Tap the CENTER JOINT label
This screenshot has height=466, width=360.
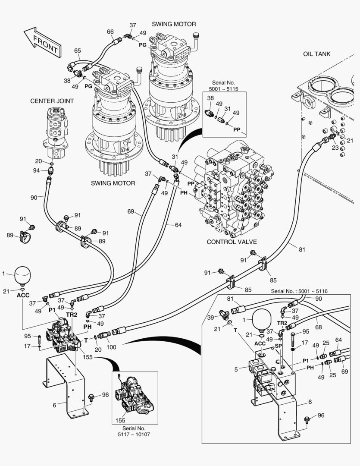pyautogui.click(x=52, y=101)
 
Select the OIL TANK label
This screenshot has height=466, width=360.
pyautogui.click(x=316, y=54)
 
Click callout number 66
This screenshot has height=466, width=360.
pyautogui.click(x=110, y=31)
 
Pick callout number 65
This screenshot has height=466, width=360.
pyautogui.click(x=77, y=51)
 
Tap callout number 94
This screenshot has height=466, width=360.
pyautogui.click(x=37, y=170)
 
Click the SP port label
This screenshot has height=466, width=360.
pyautogui.click(x=278, y=346)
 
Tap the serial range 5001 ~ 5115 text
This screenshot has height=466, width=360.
pyautogui.click(x=224, y=89)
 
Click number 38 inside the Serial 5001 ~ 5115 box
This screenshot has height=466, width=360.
pyautogui.click(x=210, y=98)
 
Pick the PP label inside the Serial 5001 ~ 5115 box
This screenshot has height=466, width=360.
pyautogui.click(x=237, y=129)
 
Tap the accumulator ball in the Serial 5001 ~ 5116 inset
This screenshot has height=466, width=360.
pyautogui.click(x=260, y=318)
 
